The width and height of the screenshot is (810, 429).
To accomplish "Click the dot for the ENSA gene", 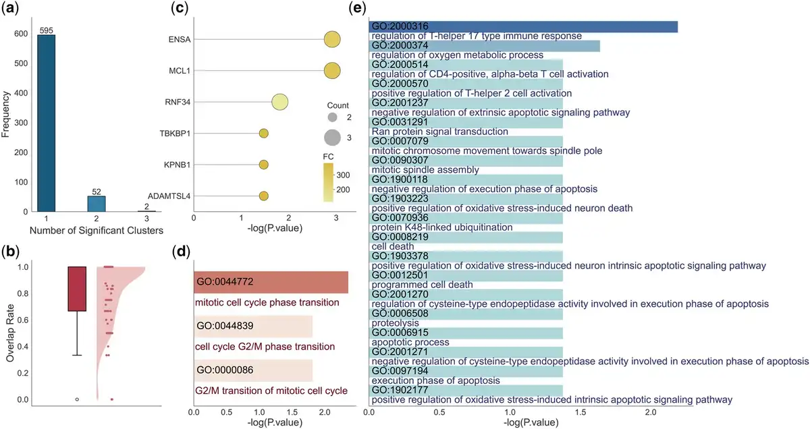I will click(x=332, y=40).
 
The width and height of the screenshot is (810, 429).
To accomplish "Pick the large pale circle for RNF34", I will click(x=280, y=103).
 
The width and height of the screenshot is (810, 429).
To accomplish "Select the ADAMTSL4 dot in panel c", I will click(x=263, y=196).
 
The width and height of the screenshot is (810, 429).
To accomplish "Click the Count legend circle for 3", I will click(x=332, y=138).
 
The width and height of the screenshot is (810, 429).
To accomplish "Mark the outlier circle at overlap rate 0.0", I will click(x=77, y=399).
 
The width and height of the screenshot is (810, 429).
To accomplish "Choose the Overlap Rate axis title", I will click(x=10, y=333).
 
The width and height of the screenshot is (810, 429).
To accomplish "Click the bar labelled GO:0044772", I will click(x=270, y=282).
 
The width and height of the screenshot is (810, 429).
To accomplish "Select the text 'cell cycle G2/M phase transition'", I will click(x=265, y=347).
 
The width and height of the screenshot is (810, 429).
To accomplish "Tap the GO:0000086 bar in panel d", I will click(x=252, y=370).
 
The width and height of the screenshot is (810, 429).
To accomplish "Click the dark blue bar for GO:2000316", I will click(x=523, y=26).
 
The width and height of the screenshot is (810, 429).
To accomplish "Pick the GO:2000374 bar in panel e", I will click(x=484, y=46).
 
